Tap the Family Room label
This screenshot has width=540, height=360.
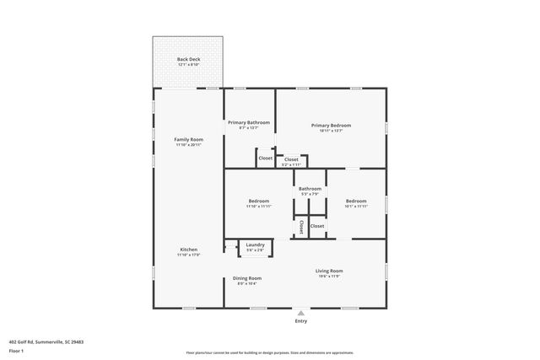pos(188,139)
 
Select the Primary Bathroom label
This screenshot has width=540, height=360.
pos(249,122)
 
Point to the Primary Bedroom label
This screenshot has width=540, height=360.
pos(330,125)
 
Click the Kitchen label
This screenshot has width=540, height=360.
pos(188,250)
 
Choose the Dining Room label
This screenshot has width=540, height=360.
pos(247,278)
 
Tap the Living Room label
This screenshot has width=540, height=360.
pos(329,271)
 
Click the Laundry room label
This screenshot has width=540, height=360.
pos(255,244)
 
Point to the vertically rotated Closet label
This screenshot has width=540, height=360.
pos(301,227)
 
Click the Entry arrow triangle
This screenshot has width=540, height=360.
pos(300,313)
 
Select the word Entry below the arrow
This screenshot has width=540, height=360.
pos(300,321)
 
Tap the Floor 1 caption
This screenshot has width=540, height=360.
pos(16,350)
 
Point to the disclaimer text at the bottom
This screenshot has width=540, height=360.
pos(270,352)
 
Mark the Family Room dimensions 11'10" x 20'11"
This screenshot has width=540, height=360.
pos(188,145)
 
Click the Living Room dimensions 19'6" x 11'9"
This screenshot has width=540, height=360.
pos(329,276)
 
